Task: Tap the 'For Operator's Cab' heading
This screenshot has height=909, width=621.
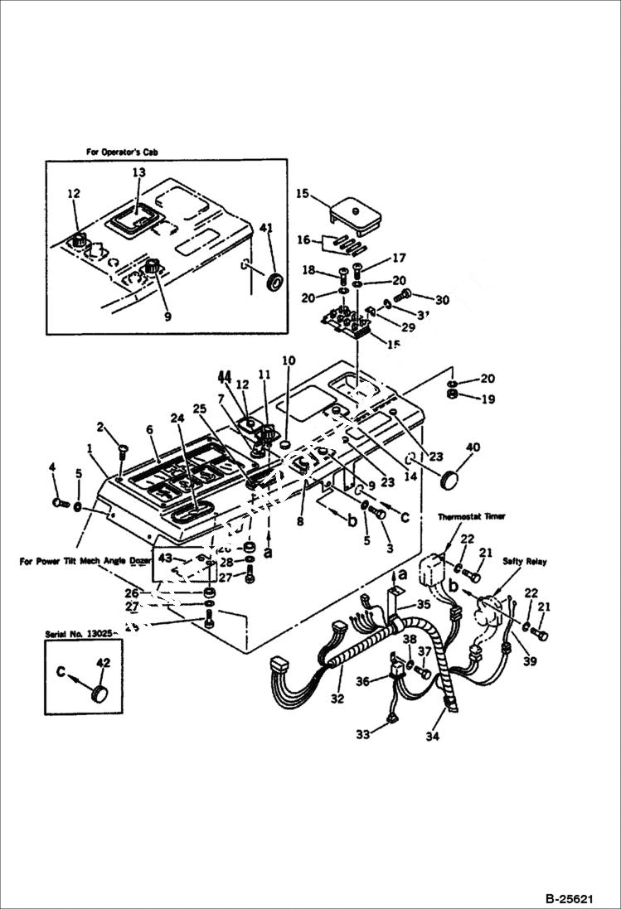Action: click(x=122, y=152)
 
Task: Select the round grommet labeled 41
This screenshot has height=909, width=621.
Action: click(x=272, y=280)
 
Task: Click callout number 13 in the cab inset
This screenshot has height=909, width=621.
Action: click(x=138, y=172)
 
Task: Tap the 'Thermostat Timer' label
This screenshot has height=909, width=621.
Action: click(x=473, y=516)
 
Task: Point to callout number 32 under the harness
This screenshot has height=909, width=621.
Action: click(x=337, y=699)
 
